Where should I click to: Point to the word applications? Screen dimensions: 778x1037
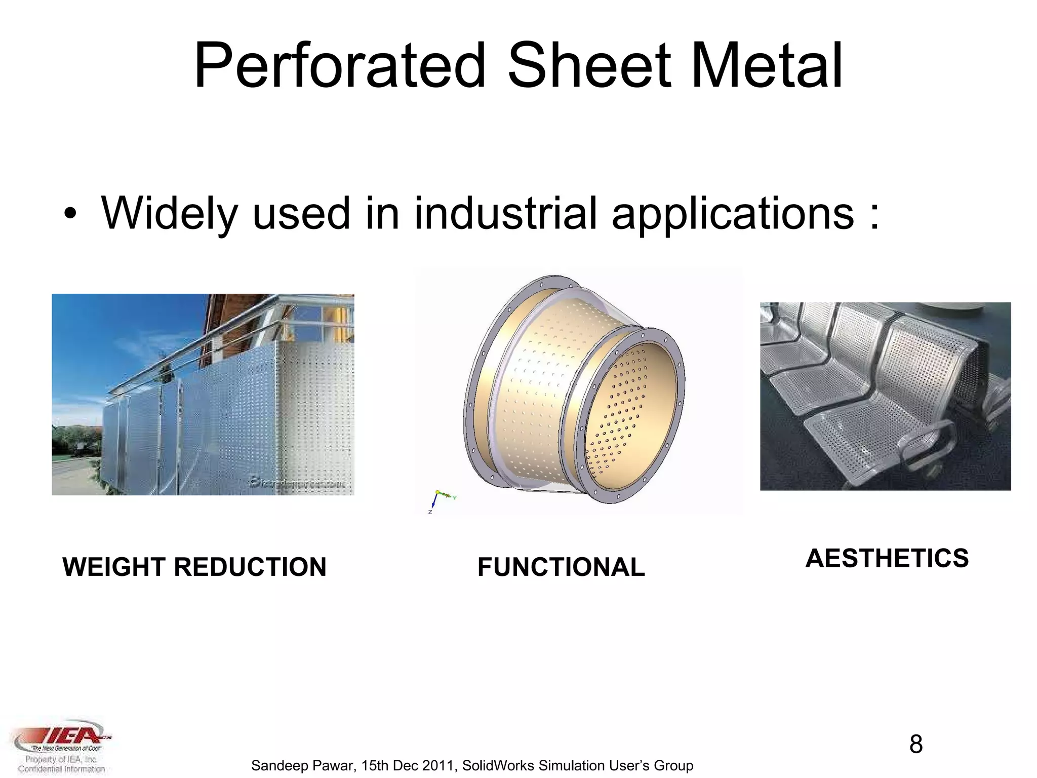733,214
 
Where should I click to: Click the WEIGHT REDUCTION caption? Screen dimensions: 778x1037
194,567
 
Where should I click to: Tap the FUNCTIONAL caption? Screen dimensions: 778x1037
561,567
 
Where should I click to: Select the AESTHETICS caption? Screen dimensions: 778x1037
887,558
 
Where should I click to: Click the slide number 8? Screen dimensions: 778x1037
915,744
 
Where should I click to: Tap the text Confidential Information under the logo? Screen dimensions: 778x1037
61,769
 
